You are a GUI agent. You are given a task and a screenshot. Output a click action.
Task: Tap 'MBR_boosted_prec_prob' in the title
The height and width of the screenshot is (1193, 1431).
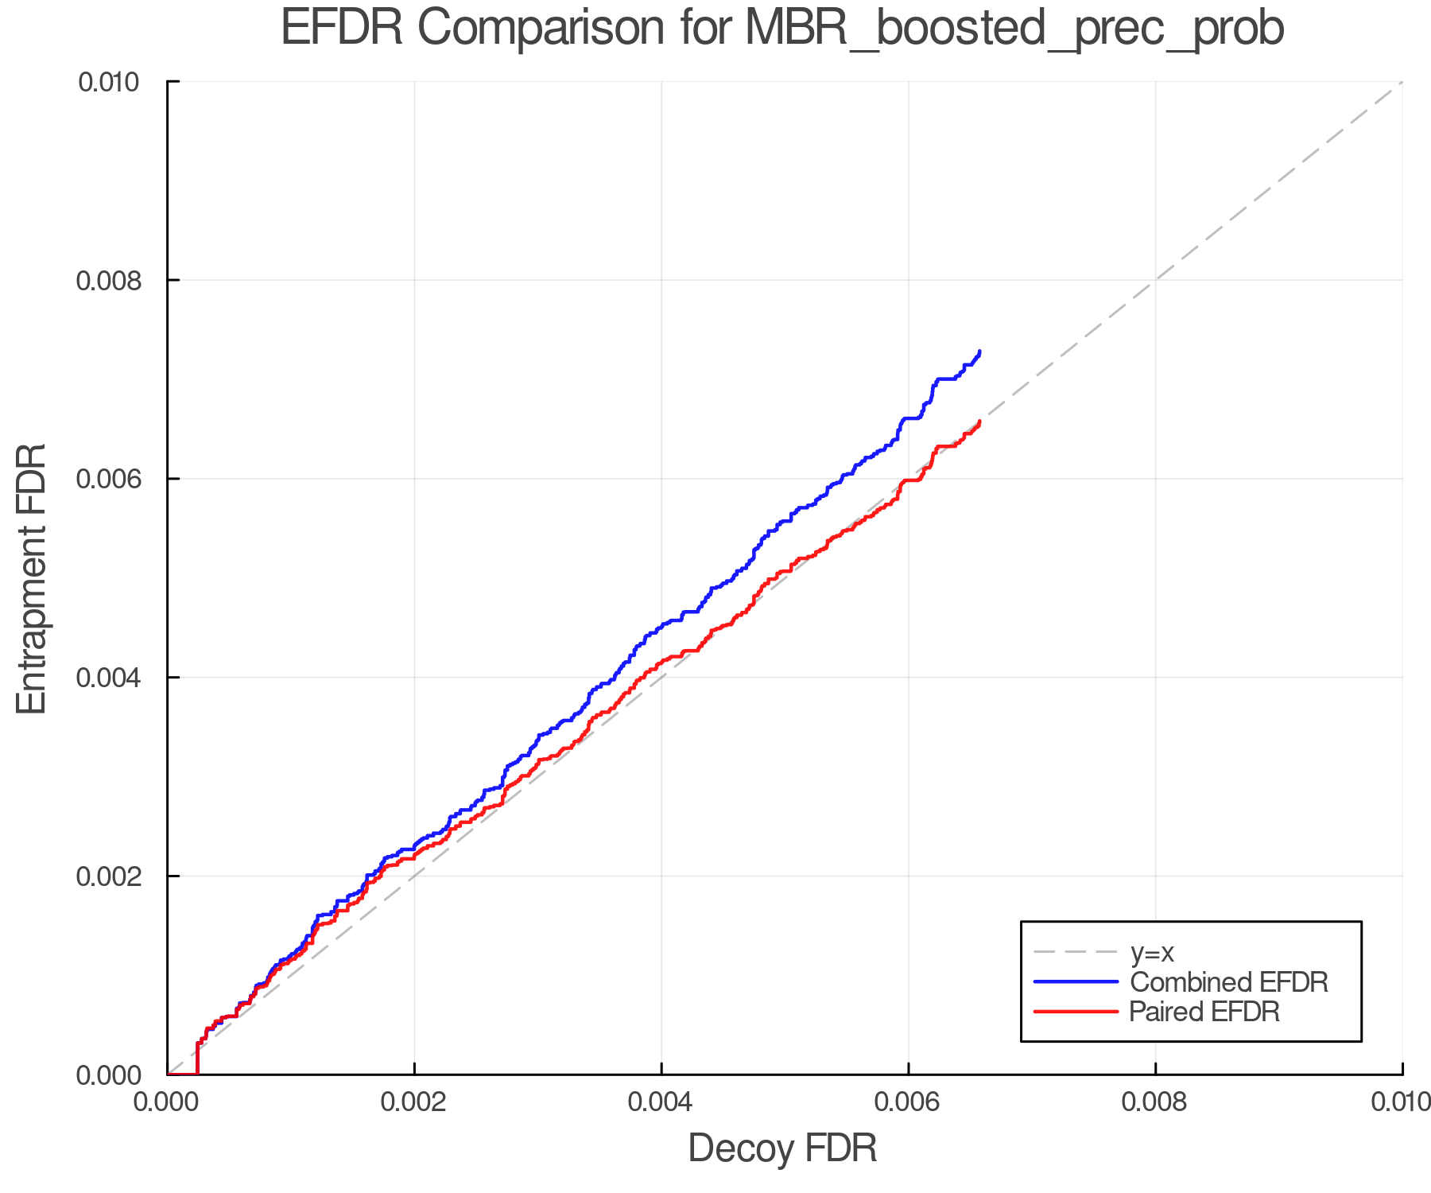(x=1014, y=29)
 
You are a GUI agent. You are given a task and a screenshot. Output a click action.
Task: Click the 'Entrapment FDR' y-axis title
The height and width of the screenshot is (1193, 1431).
(x=32, y=578)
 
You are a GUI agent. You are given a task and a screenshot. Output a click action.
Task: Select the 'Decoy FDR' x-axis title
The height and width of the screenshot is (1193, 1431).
(x=782, y=1148)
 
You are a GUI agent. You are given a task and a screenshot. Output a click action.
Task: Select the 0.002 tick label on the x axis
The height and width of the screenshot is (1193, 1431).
(x=413, y=1102)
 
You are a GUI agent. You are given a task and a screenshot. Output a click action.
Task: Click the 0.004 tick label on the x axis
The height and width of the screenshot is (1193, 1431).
(x=661, y=1102)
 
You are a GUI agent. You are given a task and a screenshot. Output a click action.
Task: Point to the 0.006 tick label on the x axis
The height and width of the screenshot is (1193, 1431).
(x=908, y=1102)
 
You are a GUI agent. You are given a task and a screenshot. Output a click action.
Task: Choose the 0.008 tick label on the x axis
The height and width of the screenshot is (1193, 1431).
(x=1155, y=1102)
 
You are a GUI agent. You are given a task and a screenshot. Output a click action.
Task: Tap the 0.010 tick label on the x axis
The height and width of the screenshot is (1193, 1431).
(x=1401, y=1102)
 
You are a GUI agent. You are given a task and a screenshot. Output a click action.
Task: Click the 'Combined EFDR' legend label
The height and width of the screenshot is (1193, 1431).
(x=1229, y=982)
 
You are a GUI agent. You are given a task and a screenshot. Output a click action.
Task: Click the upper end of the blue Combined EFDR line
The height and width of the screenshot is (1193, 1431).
(x=979, y=352)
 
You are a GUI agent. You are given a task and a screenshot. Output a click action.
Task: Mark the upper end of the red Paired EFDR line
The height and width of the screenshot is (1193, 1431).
(x=979, y=422)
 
